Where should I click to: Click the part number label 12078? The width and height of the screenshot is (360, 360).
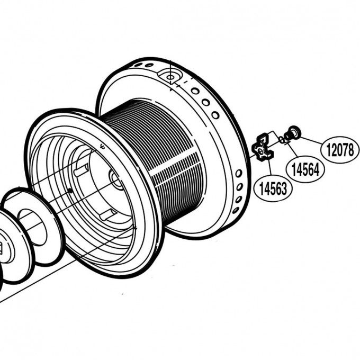tap(340, 150)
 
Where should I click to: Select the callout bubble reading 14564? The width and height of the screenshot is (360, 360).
tap(305, 169)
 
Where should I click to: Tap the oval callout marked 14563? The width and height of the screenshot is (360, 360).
tap(273, 189)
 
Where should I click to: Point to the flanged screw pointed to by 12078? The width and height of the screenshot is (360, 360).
tap(292, 133)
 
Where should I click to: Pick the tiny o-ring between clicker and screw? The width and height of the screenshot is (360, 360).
tap(282, 140)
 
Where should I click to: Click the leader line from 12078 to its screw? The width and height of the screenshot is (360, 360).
tap(311, 140)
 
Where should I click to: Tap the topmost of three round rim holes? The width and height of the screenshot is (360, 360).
tap(195, 91)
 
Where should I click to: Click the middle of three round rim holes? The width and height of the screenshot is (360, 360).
tap(206, 102)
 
